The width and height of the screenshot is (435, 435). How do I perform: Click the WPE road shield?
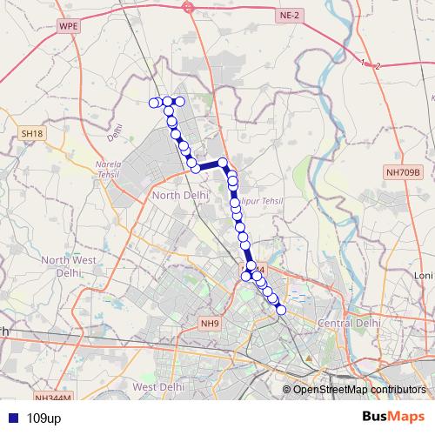(68, 27)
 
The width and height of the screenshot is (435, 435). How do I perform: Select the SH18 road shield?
(31, 133)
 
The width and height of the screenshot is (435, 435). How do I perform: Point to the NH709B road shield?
(403, 173)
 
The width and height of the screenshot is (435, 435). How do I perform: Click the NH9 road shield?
(210, 324)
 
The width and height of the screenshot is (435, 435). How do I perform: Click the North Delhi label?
(177, 196)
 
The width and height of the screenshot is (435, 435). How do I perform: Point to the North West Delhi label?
(67, 265)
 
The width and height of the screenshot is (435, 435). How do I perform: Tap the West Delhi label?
(157, 385)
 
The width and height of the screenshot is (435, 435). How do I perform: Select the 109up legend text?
(43, 418)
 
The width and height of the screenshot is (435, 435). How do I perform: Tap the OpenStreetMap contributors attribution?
(358, 389)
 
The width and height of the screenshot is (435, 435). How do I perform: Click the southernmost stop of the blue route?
(281, 310)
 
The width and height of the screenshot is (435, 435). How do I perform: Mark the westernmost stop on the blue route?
(155, 103)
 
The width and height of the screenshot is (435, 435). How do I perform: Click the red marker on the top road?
(189, 7)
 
